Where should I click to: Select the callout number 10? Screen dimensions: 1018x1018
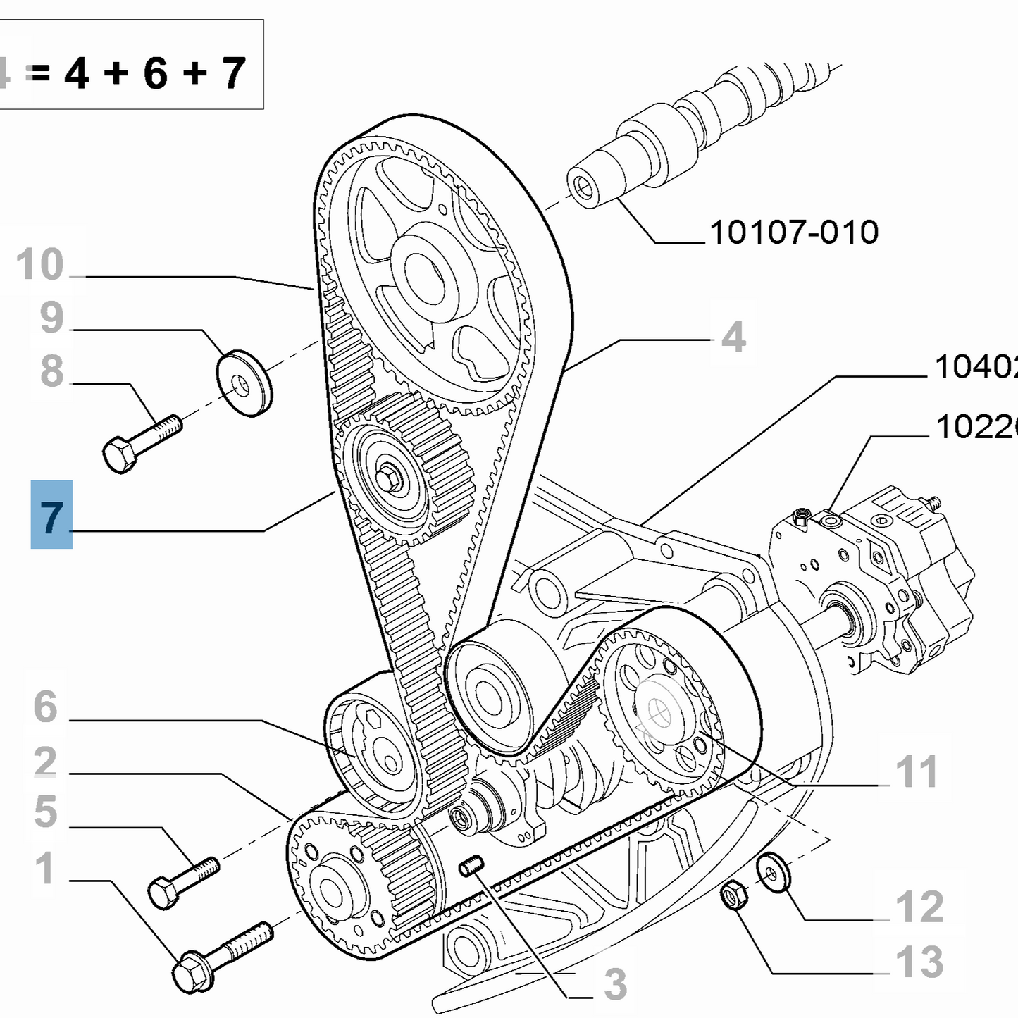coord(40,265)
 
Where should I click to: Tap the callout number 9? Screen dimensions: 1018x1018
coord(51,318)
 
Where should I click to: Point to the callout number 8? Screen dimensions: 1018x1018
coord(51,371)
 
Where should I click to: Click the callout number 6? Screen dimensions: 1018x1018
coord(45,706)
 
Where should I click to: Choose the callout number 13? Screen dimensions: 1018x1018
coord(919,962)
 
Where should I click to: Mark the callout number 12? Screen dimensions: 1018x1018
coord(919,907)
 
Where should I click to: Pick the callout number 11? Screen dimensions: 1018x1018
coord(916,772)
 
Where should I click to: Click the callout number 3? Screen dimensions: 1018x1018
coord(614,984)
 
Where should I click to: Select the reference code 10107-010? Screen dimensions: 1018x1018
coord(794,232)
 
